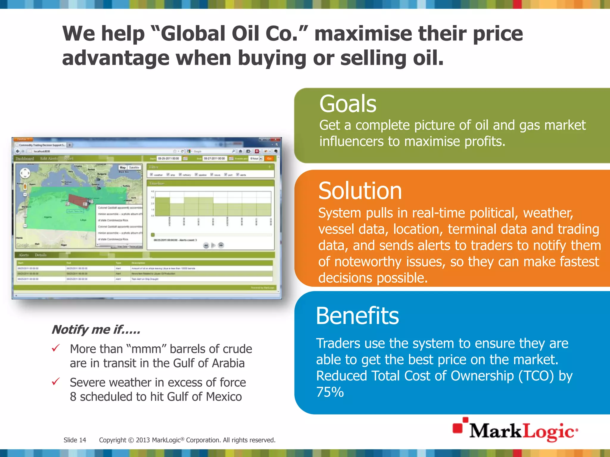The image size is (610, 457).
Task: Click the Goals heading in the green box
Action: point(348,104)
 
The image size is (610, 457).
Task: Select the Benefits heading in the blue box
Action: point(357,316)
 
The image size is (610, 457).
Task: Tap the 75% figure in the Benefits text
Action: point(330,392)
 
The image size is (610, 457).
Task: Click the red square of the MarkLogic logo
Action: point(458,428)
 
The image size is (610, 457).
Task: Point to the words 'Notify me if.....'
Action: point(96,330)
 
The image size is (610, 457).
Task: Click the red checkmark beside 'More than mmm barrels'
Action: point(56,348)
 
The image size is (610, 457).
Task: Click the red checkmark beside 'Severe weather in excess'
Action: point(56,381)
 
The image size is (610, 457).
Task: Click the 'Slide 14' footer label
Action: point(75,440)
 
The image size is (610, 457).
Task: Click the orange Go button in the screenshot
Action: point(269,159)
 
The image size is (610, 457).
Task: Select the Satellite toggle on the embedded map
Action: point(134,168)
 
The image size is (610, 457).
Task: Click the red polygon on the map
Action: point(77,199)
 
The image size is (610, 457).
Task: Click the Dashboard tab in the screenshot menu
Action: point(25,159)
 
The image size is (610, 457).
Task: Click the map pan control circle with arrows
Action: point(25,173)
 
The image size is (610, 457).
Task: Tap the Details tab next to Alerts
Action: point(41,255)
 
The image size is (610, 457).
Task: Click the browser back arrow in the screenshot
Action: point(18,151)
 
